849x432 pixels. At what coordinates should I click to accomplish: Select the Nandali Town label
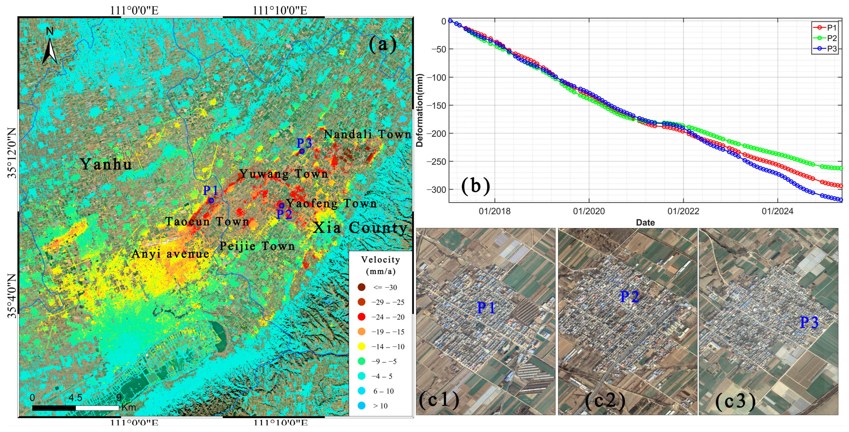367,134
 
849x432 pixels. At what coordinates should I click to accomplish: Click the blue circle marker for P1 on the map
211,200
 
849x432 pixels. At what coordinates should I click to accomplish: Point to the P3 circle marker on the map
302,151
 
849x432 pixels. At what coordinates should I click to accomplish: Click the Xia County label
360,227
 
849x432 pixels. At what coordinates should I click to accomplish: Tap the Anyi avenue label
170,254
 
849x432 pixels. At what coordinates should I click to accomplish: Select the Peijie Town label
257,246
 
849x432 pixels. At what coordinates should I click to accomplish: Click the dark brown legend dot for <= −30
362,287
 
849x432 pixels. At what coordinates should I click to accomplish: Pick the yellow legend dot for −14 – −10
362,346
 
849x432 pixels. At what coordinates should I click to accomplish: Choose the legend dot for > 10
362,406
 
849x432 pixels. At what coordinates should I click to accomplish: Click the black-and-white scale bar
75,408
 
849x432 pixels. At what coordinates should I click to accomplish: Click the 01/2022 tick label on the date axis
683,211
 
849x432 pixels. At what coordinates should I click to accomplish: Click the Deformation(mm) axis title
419,110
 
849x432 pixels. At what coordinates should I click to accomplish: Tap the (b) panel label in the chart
475,186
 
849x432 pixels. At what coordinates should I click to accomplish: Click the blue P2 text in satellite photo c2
630,297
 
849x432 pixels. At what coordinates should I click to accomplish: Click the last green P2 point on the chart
840,168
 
